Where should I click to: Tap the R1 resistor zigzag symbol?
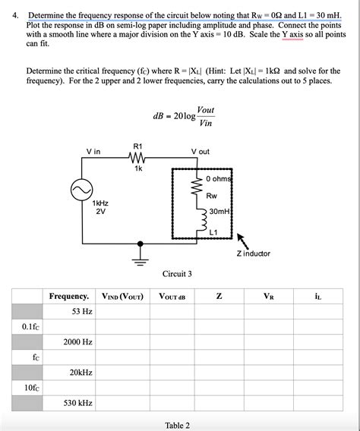[137, 159]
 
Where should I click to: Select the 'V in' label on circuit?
[93, 152]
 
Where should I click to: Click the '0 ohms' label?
[217, 178]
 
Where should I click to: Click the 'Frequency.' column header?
[69, 296]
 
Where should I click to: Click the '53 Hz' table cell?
[82, 311]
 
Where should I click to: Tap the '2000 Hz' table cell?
[78, 342]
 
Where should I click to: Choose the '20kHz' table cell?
[81, 373]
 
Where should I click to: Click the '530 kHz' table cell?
[79, 403]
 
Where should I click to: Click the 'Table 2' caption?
[177, 425]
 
